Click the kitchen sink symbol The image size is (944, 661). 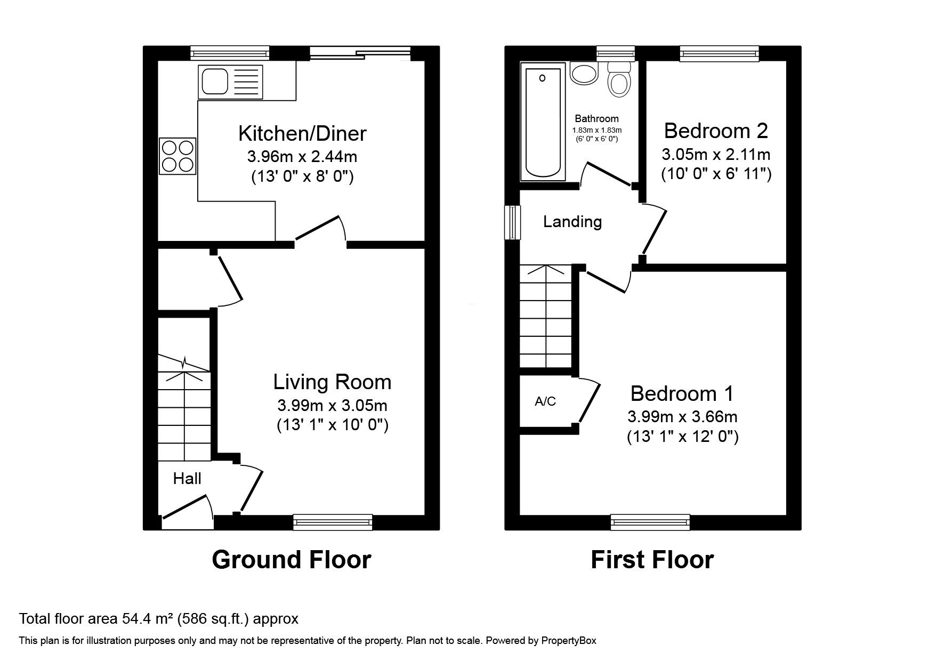230,82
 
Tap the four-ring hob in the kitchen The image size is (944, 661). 177,156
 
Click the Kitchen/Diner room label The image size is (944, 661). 302,133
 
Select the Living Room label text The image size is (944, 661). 332,382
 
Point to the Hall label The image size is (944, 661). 187,479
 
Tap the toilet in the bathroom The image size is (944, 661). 618,80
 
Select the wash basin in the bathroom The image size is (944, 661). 584,74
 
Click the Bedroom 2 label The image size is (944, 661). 716,131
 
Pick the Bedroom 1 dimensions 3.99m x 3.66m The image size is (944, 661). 682,416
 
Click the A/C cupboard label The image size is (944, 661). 545,402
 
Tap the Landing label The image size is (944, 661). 572,222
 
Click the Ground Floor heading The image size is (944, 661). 291,560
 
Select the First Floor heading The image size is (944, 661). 652,560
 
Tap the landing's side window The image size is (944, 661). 512,222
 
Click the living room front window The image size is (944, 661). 333,522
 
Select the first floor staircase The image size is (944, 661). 546,317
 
